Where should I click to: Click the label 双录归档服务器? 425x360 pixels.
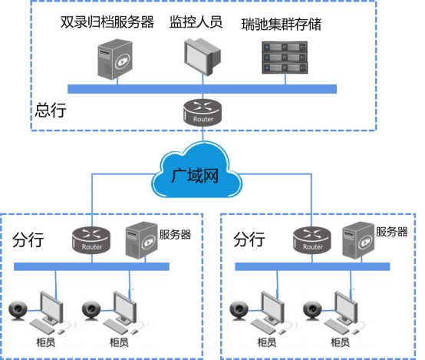[107, 22]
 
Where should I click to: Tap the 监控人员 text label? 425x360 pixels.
[196, 22]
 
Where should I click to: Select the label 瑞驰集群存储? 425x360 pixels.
[282, 25]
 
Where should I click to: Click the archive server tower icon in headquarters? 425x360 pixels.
[115, 59]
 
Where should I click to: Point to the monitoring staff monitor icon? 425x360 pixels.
[203, 57]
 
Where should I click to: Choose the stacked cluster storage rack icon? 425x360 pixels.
[285, 58]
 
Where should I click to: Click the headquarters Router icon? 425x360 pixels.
[203, 112]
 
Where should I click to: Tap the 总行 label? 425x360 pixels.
[51, 110]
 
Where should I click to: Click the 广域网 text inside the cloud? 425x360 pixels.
[195, 176]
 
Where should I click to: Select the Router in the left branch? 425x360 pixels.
[91, 240]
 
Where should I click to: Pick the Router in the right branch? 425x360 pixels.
[312, 240]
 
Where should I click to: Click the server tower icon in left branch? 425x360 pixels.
[141, 240]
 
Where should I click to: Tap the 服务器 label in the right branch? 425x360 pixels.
[392, 232]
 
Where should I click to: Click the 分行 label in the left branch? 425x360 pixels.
[28, 239]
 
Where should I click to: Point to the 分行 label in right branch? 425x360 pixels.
[249, 239]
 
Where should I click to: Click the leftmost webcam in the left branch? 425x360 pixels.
[18, 311]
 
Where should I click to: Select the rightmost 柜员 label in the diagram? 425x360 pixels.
[340, 342]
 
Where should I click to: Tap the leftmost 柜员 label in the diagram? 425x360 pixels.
[46, 342]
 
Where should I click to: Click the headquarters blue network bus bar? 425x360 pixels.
[202, 89]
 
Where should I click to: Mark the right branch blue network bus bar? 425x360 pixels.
[312, 266]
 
